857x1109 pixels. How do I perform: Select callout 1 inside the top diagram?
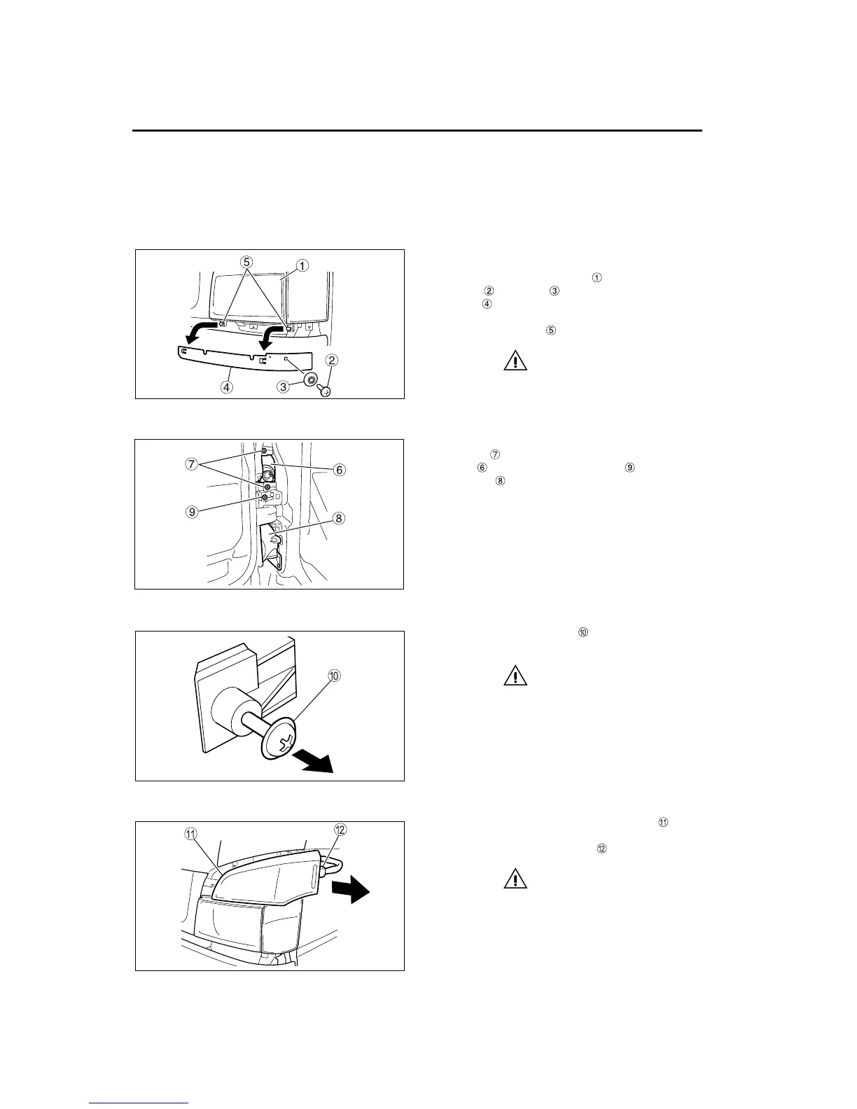pyautogui.click(x=301, y=265)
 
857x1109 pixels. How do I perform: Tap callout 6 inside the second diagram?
pyautogui.click(x=339, y=470)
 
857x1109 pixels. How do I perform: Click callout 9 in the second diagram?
pyautogui.click(x=191, y=511)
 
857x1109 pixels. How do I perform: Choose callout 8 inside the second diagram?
pyautogui.click(x=339, y=519)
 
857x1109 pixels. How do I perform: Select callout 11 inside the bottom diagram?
pyautogui.click(x=190, y=833)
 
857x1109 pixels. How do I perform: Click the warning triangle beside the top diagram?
pyautogui.click(x=515, y=361)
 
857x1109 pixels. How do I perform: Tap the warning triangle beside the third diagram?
pyautogui.click(x=515, y=676)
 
